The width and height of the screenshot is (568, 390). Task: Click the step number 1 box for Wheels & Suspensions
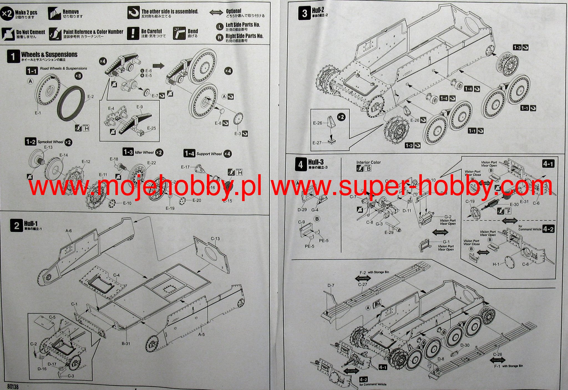point(13,57)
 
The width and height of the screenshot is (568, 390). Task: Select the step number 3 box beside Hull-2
point(305,13)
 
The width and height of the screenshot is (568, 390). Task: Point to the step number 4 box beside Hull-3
point(301,165)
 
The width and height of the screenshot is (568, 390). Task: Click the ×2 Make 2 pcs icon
point(7,14)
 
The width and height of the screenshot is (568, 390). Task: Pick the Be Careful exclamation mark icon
point(133,33)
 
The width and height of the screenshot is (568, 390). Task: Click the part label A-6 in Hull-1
point(69,231)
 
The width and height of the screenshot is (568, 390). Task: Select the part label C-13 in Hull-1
point(215,238)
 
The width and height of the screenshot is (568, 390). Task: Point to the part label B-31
point(126,343)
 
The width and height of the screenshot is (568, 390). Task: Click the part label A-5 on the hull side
point(201,334)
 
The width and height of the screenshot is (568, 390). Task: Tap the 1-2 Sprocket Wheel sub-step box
point(31,142)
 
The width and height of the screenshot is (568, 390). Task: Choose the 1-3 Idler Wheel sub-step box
point(128,152)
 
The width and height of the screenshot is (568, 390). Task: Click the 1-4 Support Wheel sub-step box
point(189,153)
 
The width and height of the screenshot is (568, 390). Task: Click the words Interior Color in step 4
point(368,162)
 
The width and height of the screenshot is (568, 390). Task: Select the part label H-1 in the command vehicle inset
point(496,264)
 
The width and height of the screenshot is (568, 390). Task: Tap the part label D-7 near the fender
point(331,285)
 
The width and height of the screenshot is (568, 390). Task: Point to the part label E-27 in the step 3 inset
point(317,143)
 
